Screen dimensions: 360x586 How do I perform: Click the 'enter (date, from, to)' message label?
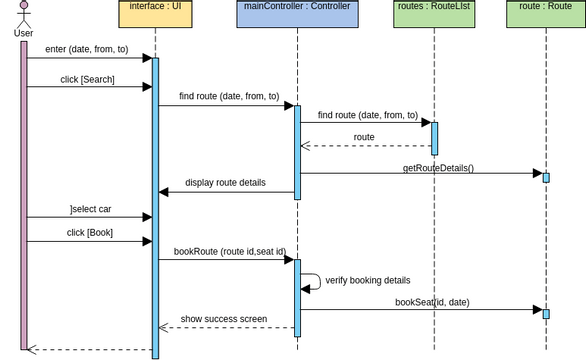point(87,49)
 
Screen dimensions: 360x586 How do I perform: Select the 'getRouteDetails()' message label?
point(438,168)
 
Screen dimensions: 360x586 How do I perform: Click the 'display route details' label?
point(225,183)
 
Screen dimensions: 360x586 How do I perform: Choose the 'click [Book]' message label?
point(90,232)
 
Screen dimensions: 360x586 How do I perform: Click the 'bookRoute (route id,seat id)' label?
point(229,251)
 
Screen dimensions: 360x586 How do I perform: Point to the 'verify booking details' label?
point(367,280)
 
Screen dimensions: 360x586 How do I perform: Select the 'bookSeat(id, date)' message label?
point(432,301)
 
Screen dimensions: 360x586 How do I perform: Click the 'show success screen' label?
point(224,319)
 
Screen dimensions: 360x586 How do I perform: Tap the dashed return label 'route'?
point(364,137)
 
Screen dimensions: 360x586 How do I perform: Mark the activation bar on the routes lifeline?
point(434,138)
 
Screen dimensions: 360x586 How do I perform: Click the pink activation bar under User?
point(24,195)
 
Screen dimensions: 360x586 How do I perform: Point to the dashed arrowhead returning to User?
point(32,349)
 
